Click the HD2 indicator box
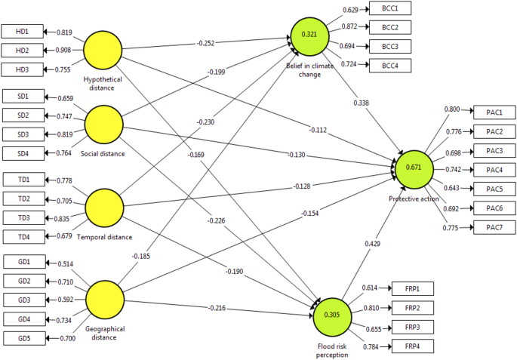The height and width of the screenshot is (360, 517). pyautogui.click(x=23, y=51)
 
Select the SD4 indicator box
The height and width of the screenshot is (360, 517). pyautogui.click(x=23, y=153)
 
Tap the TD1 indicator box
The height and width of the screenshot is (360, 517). pyautogui.click(x=23, y=179)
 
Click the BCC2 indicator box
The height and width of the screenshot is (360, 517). pyautogui.click(x=389, y=27)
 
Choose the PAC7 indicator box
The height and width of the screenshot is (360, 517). pyautogui.click(x=494, y=227)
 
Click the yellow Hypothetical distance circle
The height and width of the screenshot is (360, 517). pyautogui.click(x=103, y=51)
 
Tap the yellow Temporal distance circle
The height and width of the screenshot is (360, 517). pyautogui.click(x=105, y=208)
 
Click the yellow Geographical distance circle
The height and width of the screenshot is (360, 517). pyautogui.click(x=105, y=300)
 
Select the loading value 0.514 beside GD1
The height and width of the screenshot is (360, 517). pyautogui.click(x=66, y=263)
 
